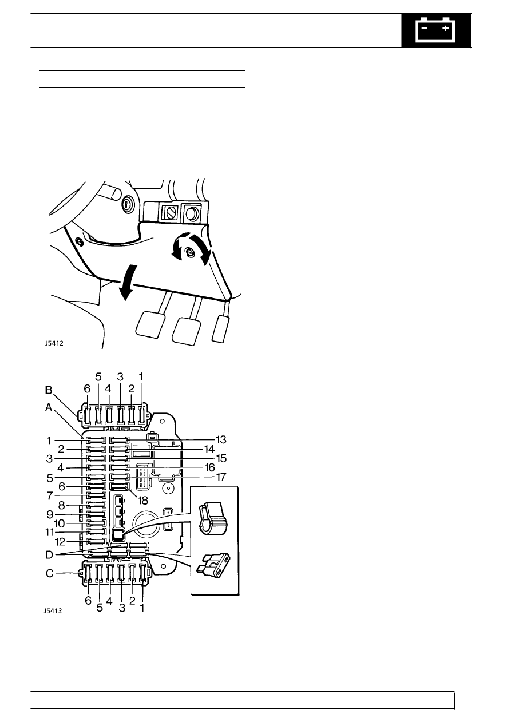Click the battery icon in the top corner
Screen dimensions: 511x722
435,30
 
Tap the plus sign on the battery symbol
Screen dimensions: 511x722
446,29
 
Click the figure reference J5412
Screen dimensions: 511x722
54,343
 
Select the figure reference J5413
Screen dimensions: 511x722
53,611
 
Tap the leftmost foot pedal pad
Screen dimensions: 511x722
150,324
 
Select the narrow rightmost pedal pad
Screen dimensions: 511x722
220,329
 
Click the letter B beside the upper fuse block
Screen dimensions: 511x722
49,390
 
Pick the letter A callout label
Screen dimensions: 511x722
49,408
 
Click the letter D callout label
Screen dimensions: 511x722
49,555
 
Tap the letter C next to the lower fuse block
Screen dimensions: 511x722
49,573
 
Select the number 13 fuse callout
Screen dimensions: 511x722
221,439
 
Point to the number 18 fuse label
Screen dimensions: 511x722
143,500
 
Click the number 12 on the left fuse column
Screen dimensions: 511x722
60,542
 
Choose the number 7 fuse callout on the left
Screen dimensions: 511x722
50,495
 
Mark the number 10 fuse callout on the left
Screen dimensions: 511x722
60,523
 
